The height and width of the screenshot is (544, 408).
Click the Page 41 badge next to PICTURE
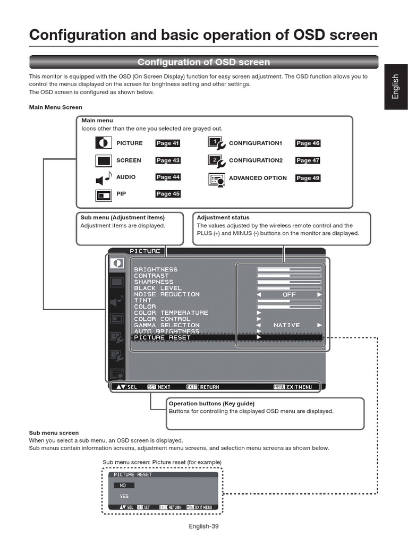tap(167, 143)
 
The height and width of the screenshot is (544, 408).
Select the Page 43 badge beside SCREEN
tap(167, 160)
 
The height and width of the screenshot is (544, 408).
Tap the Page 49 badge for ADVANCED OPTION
tap(308, 178)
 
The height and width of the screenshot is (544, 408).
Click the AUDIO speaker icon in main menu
tap(104, 178)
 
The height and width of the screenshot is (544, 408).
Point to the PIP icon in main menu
tap(104, 195)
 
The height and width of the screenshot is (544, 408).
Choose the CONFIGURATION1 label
tap(256, 143)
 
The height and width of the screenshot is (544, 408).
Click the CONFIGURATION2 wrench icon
tap(217, 160)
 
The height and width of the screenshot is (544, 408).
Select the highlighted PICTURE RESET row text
tap(162, 337)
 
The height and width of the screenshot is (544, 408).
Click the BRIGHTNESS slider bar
tap(289, 269)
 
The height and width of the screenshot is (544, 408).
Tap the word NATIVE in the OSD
tap(287, 325)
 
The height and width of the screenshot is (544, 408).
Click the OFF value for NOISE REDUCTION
tap(289, 294)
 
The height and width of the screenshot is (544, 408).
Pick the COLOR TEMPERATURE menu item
tap(171, 313)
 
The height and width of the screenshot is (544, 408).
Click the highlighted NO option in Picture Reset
tap(123, 485)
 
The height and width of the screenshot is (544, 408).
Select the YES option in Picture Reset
tap(124, 496)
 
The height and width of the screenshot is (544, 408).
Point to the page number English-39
tap(203, 526)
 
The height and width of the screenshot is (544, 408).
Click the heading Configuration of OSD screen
tap(203, 62)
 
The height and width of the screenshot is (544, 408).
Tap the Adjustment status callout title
tap(223, 218)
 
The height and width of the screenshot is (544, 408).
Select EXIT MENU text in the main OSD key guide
tap(299, 387)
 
